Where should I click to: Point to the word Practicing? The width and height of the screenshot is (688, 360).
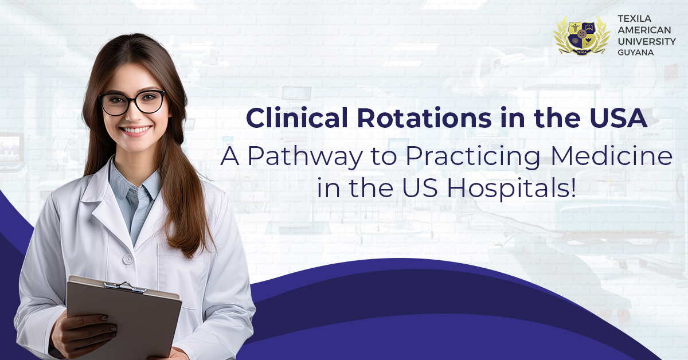tap(472, 156)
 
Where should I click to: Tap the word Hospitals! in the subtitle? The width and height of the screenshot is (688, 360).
tap(511, 187)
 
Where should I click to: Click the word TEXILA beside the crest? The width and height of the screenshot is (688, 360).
tap(635, 19)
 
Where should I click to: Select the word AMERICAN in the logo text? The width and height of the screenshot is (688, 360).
tap(644, 30)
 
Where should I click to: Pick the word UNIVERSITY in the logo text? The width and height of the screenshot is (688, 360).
tap(647, 41)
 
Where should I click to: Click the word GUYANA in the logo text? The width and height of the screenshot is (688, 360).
tap(635, 53)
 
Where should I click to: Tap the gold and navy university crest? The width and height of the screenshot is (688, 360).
tap(582, 36)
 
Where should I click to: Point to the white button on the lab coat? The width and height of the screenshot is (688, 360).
tap(128, 259)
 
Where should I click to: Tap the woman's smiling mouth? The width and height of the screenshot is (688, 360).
tap(135, 131)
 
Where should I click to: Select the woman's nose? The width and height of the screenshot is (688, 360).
tap(133, 114)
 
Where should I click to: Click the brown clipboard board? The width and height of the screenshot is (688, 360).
tap(123, 319)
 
